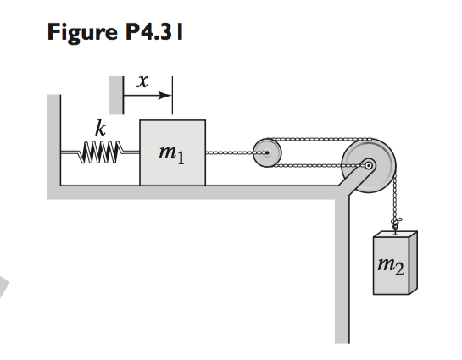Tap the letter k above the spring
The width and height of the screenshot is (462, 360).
pos(101,130)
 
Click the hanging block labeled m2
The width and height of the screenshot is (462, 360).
pos(394,263)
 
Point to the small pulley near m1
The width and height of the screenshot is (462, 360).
pos(266,153)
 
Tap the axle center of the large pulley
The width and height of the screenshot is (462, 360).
pos(369,165)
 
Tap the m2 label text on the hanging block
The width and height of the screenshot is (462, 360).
pos(393,269)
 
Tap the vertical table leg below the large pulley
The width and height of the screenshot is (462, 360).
pos(342,271)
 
